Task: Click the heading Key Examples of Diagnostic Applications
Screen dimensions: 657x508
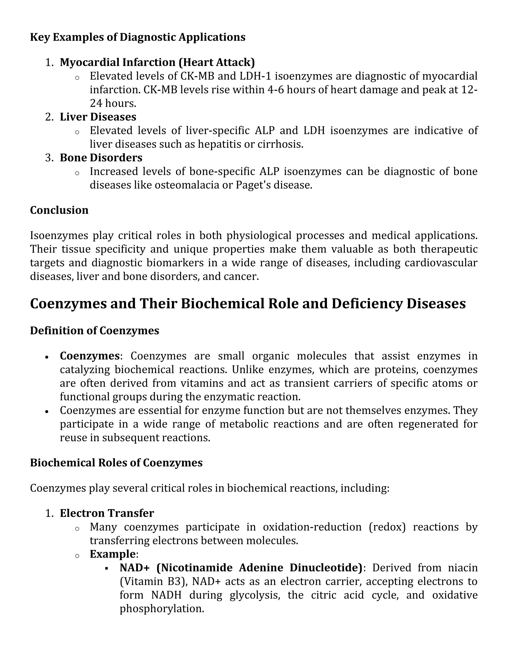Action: [x=137, y=37]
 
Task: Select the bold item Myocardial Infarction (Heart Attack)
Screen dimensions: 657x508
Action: [x=157, y=62]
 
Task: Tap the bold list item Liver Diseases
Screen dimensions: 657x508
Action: [x=98, y=117]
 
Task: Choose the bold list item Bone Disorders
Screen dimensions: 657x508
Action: [x=101, y=158]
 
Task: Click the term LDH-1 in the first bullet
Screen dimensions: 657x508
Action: [x=255, y=76]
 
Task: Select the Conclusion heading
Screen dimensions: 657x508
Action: [x=59, y=210]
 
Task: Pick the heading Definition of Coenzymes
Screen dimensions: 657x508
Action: [x=95, y=330]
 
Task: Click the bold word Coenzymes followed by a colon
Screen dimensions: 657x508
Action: [x=90, y=356]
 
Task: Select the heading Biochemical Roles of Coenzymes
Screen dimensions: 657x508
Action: [x=116, y=463]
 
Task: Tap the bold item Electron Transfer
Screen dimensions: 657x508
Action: [x=107, y=513]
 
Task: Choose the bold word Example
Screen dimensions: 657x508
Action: [x=113, y=554]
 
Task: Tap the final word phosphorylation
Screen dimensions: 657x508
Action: [x=162, y=609]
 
